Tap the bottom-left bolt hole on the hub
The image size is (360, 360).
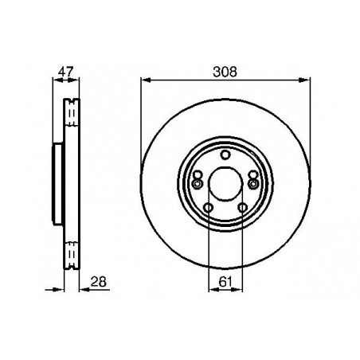208,209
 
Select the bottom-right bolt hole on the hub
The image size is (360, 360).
242,209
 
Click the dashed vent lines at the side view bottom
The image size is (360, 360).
70,253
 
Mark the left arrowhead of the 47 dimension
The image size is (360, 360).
55,79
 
